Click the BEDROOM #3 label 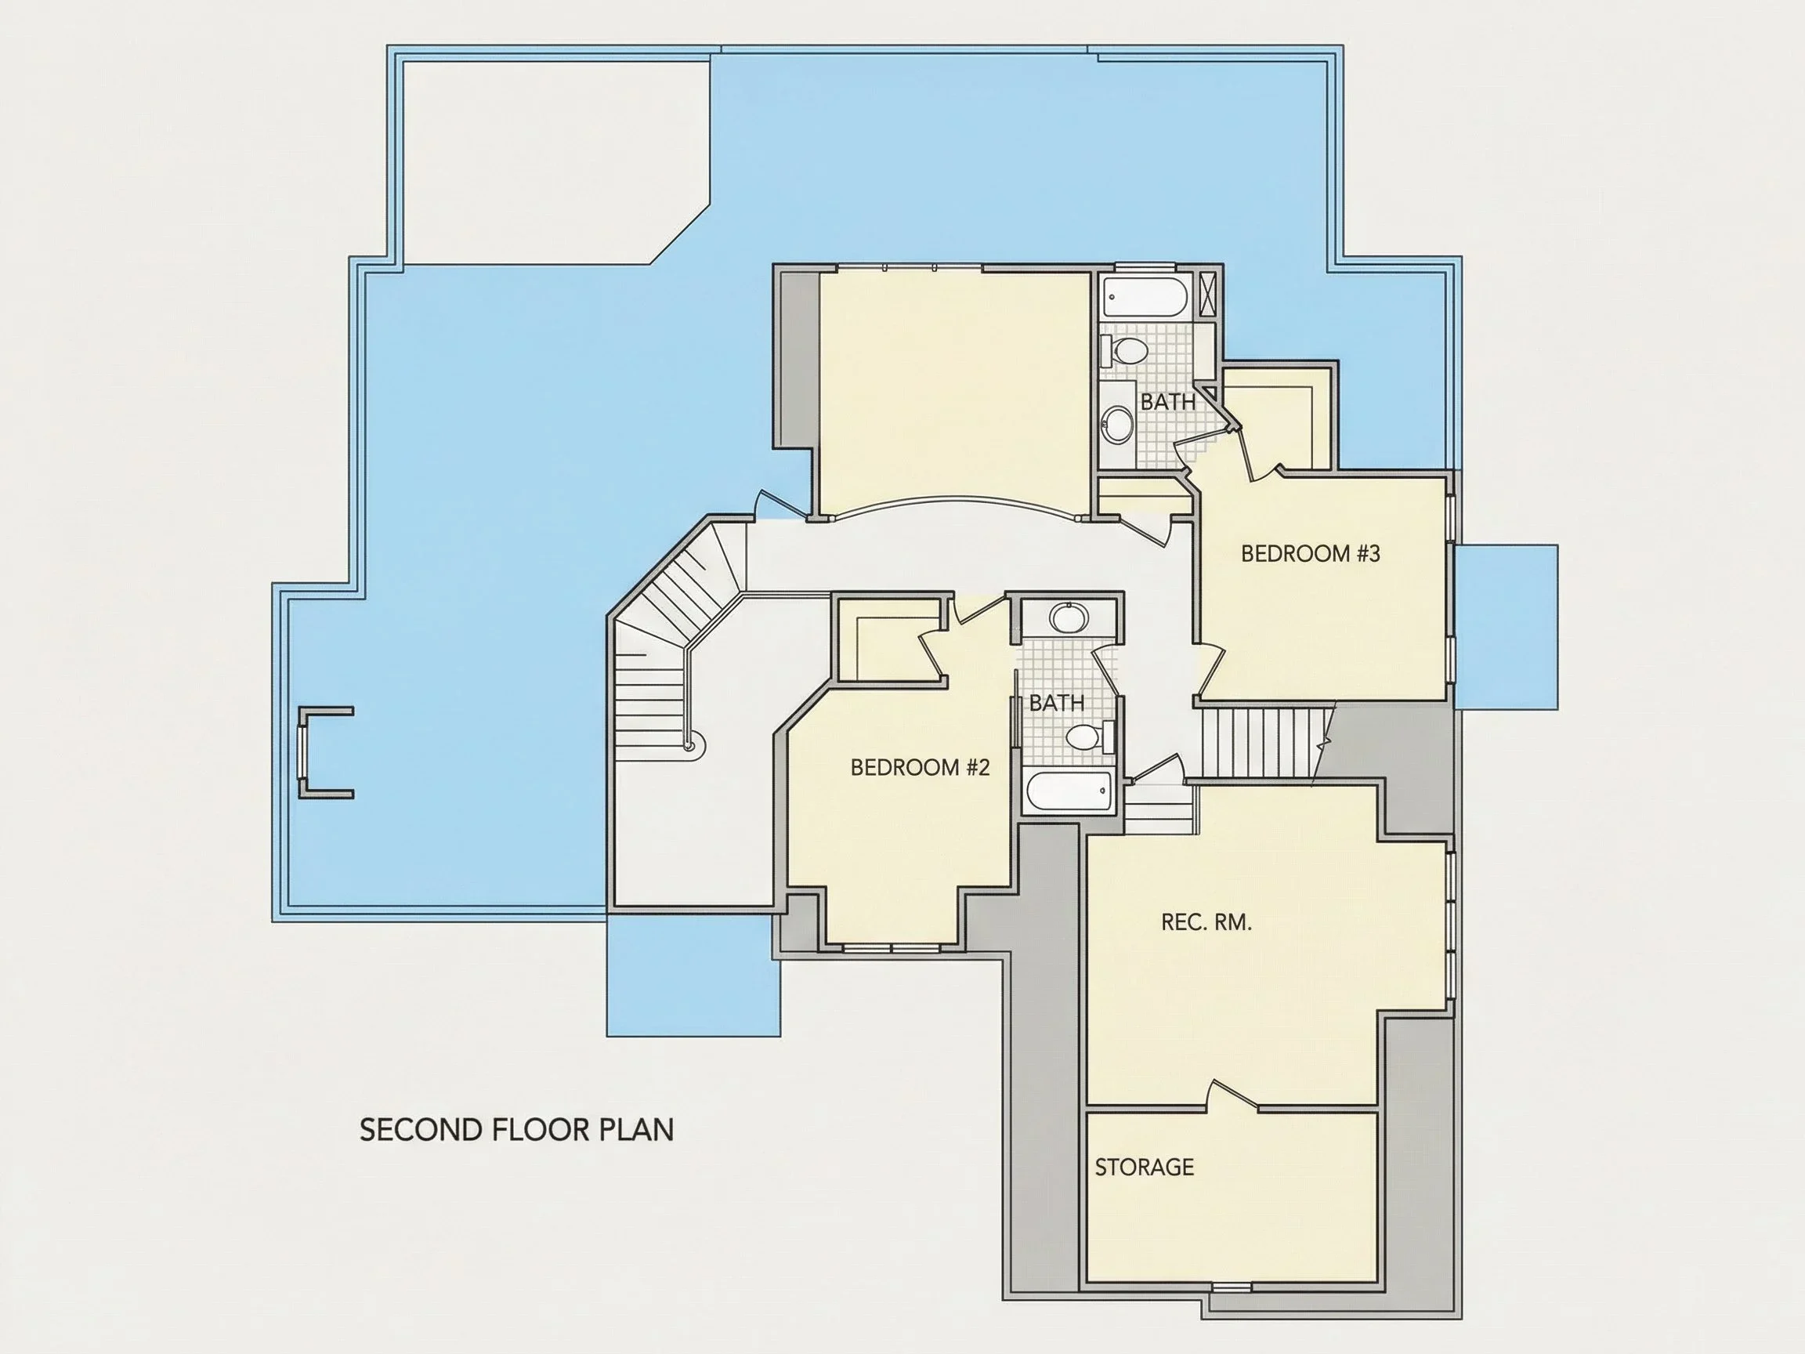pyautogui.click(x=1310, y=554)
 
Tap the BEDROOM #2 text pyautogui.click(x=920, y=767)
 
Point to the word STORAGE pyautogui.click(x=1144, y=1167)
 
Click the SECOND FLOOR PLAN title pyautogui.click(x=516, y=1130)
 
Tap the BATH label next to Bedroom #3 pyautogui.click(x=1168, y=401)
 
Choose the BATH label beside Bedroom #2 pyautogui.click(x=1057, y=703)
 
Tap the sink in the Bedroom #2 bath pyautogui.click(x=1067, y=617)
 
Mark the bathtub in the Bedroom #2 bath pyautogui.click(x=1071, y=790)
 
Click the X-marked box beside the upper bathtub pyautogui.click(x=1209, y=293)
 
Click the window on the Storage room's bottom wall pyautogui.click(x=1230, y=1288)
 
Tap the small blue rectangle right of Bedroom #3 pyautogui.click(x=1507, y=627)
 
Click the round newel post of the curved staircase pyautogui.click(x=690, y=744)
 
